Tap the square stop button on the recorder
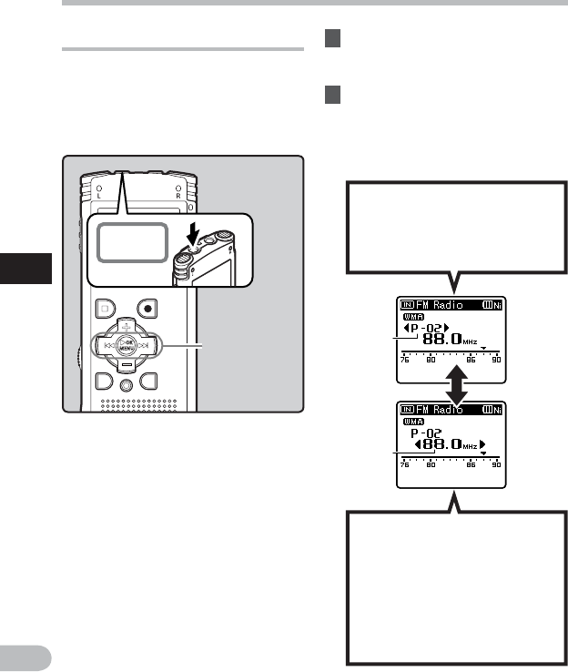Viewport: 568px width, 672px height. (x=105, y=308)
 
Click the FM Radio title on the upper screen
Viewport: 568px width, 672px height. (x=440, y=304)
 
